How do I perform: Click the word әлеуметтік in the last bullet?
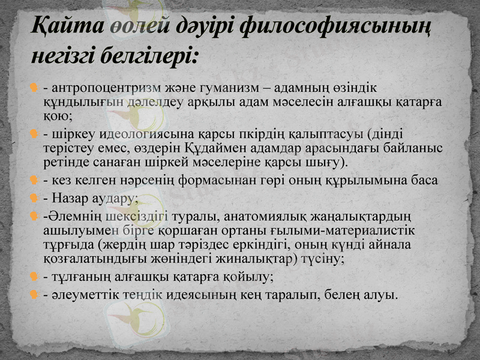point(82,295)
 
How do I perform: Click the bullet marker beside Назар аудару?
point(35,197)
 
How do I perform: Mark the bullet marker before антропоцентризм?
point(35,89)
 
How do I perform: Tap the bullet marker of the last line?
point(35,295)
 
